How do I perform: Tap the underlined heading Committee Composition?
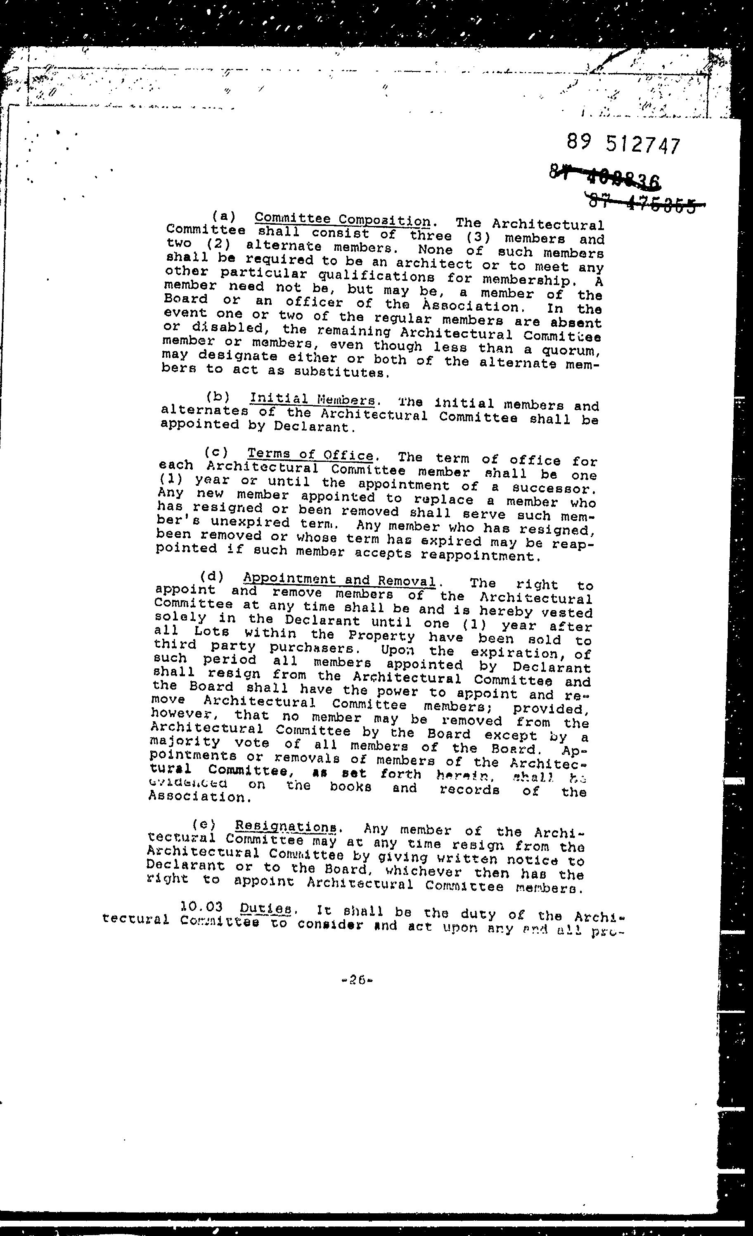point(342,220)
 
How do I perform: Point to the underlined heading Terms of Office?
point(311,454)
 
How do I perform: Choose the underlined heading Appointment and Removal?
point(339,580)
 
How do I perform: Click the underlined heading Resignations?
point(286,826)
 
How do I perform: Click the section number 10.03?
point(201,906)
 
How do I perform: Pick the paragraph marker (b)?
point(218,396)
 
